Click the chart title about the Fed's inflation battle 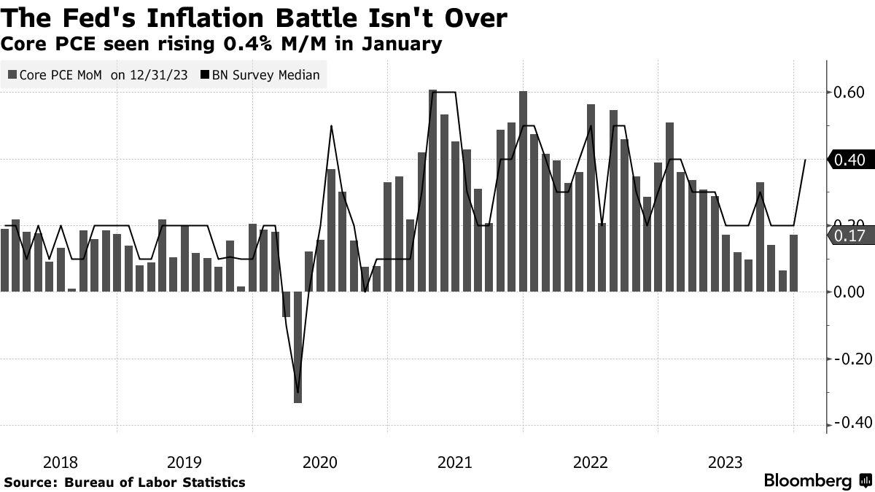click(x=255, y=17)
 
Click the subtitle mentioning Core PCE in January click(x=222, y=44)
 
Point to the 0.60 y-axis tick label click(x=849, y=93)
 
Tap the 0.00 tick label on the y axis click(x=849, y=292)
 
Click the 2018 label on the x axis click(x=61, y=462)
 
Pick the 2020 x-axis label click(x=319, y=462)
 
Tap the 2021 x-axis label click(x=454, y=462)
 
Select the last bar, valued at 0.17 click(x=793, y=263)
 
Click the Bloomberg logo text click(x=807, y=481)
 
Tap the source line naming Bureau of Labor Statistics click(x=125, y=483)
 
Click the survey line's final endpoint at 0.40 click(x=805, y=160)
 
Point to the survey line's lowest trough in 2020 click(x=297, y=391)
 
